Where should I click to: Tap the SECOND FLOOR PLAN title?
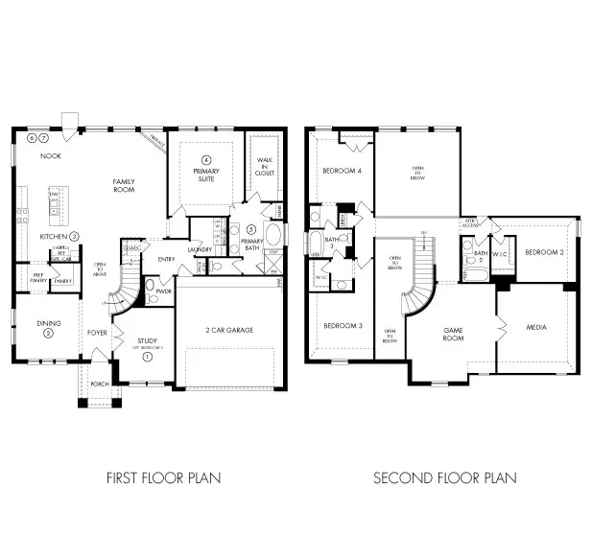point(444,477)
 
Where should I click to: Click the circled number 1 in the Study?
point(147,356)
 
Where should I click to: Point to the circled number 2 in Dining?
point(49,333)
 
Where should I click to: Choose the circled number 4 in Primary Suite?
point(205,159)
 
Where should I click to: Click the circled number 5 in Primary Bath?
point(251,229)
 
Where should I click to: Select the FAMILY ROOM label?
point(125,186)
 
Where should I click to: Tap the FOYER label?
point(98,333)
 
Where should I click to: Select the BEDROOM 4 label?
point(342,171)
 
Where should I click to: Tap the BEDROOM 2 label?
point(543,252)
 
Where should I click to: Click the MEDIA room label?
point(537,328)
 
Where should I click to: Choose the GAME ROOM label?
point(453,334)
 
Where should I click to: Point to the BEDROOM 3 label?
point(342,326)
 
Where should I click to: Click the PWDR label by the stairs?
point(164,291)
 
